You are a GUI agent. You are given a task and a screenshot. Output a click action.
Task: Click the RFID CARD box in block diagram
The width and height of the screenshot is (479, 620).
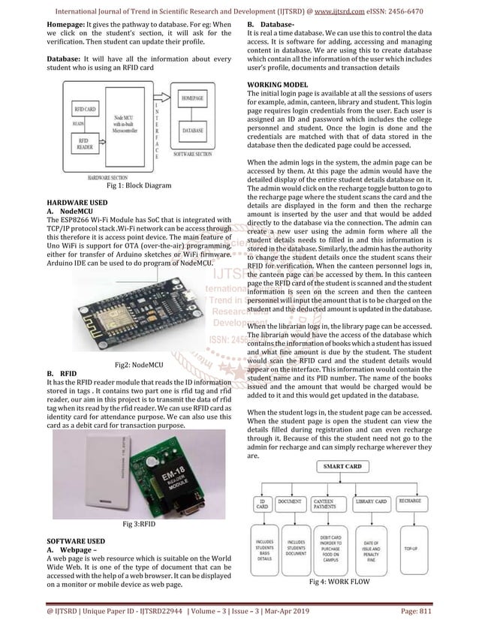(x=83, y=110)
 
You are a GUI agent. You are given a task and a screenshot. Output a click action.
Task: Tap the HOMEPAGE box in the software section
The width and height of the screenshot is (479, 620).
(x=192, y=99)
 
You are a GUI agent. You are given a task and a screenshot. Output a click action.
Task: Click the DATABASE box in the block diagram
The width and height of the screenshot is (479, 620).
(x=192, y=130)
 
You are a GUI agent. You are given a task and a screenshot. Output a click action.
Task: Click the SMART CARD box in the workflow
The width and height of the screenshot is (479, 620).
(x=343, y=466)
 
